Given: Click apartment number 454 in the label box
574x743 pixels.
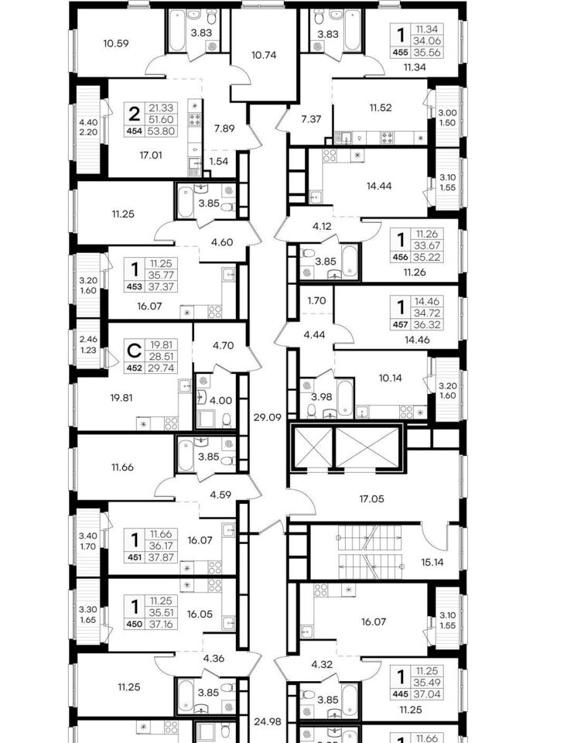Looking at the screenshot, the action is pos(135,132).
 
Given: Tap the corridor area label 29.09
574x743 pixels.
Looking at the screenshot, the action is pos(267,417).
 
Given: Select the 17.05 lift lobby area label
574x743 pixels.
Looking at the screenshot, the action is pos(372,498).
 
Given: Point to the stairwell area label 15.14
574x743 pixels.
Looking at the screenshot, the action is pos(432,563).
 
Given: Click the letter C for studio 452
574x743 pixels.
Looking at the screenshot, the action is pos(135,351).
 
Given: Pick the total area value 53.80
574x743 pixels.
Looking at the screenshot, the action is pos(162,132).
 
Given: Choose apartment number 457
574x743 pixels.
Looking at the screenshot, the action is pos(400,324).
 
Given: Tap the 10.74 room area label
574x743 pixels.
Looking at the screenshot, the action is pos(264,55).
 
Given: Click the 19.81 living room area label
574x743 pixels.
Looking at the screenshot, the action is pos(121,398).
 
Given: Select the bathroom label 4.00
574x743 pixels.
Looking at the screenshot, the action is pos(220,400).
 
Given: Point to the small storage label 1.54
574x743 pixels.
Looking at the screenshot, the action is pos(219,161).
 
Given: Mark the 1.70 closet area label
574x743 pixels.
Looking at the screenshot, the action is pos(316,300).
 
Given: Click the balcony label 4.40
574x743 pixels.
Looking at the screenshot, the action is pos(88,122).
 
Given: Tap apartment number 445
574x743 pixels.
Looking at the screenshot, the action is pos(400,694).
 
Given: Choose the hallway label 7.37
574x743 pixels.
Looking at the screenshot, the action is pos(311,119).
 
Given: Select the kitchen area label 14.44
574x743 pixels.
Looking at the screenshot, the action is pos(379,186).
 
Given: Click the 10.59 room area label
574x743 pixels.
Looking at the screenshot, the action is pos(116,43).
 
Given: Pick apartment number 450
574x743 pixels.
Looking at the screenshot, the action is pos(135,624).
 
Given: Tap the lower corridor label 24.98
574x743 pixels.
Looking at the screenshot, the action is pos(268,721).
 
